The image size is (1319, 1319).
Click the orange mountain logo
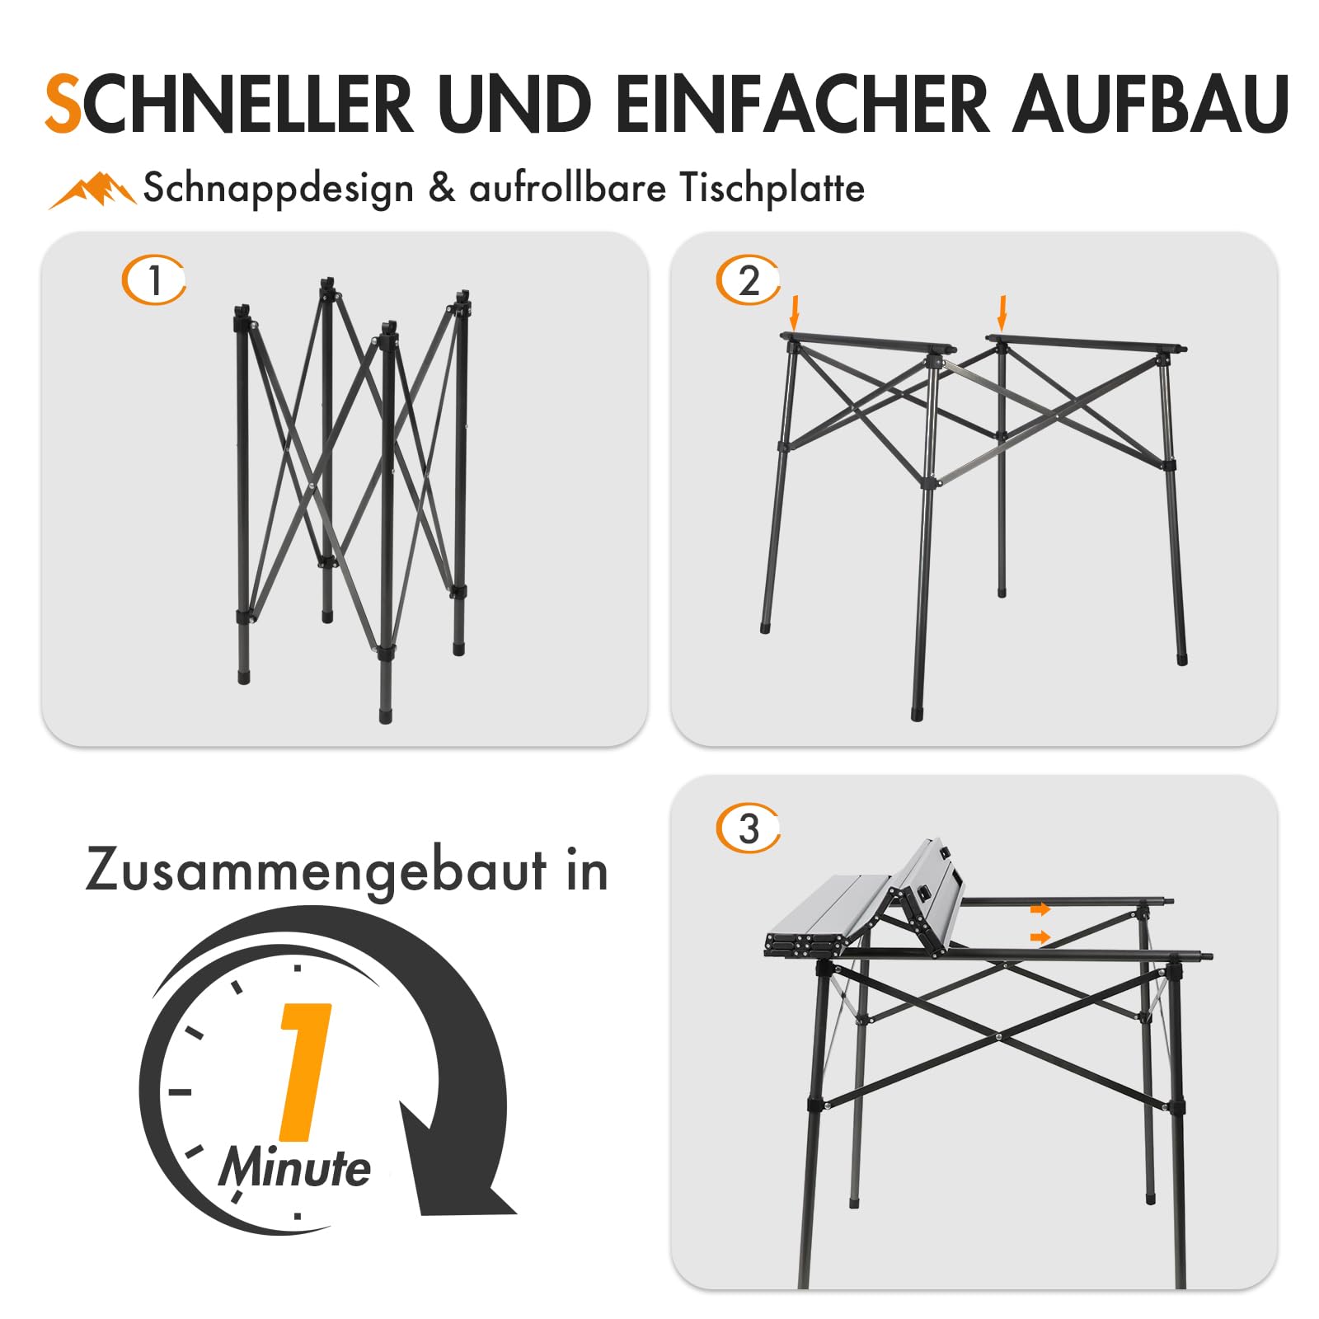(92, 190)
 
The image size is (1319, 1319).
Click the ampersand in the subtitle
(442, 188)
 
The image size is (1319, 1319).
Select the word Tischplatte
(772, 188)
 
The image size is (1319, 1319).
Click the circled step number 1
(154, 280)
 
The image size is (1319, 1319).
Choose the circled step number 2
(748, 280)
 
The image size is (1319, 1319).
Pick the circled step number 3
(748, 828)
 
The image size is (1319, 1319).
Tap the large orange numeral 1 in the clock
(304, 1072)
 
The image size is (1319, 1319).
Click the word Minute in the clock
(294, 1168)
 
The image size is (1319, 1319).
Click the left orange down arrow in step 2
(794, 312)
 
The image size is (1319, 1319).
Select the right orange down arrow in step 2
(1002, 312)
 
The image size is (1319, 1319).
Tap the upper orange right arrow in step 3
(1040, 909)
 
